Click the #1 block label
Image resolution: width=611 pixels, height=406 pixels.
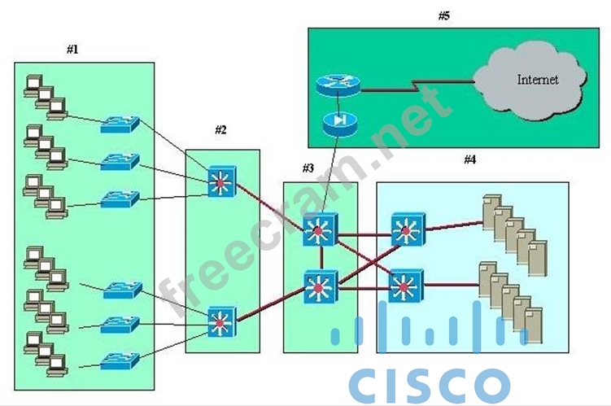coord(72,50)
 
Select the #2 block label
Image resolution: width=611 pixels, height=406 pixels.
coord(221,129)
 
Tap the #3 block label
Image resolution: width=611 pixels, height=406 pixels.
coord(308,168)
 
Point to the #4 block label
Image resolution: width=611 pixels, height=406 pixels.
coord(469,159)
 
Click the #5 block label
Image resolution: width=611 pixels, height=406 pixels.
coord(443,15)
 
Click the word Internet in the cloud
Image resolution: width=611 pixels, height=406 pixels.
coord(538,80)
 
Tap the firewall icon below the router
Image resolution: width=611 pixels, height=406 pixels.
coord(335,121)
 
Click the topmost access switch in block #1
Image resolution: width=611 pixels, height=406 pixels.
coord(120,124)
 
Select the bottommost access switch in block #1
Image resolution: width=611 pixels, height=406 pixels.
coord(120,359)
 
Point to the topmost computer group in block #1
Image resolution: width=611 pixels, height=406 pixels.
coord(44,95)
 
